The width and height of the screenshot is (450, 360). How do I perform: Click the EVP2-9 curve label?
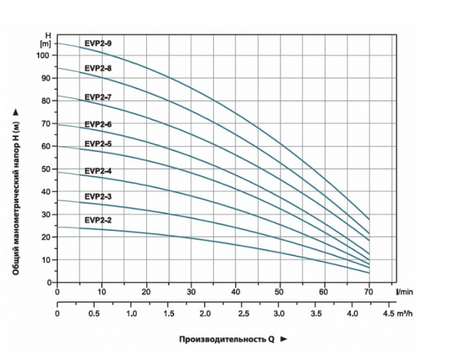[98, 44]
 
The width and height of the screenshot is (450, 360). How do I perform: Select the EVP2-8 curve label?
[98, 68]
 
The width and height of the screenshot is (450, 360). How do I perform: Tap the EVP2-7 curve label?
[98, 97]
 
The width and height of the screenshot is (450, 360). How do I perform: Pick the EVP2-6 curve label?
[98, 124]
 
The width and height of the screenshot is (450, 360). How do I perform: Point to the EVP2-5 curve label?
[98, 143]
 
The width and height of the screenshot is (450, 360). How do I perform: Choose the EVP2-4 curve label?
[98, 172]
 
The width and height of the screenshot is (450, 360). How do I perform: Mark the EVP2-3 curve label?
[98, 196]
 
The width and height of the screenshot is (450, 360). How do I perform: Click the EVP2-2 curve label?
[98, 220]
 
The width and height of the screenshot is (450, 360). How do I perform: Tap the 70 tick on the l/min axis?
[368, 292]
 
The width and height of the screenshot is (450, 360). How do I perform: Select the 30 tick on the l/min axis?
[191, 292]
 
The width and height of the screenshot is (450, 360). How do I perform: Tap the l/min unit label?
[406, 292]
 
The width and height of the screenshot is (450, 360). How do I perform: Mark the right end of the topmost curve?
[369, 218]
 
